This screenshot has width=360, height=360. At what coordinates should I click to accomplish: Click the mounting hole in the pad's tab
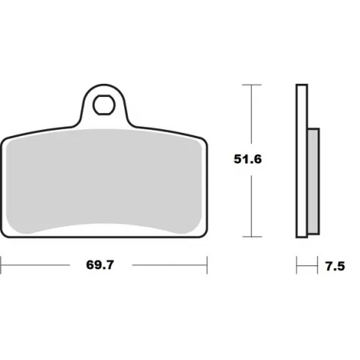click(105, 104)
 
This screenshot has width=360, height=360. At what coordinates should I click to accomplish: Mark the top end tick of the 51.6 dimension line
click(252, 85)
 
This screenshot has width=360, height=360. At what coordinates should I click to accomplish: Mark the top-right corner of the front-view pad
click(204, 140)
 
